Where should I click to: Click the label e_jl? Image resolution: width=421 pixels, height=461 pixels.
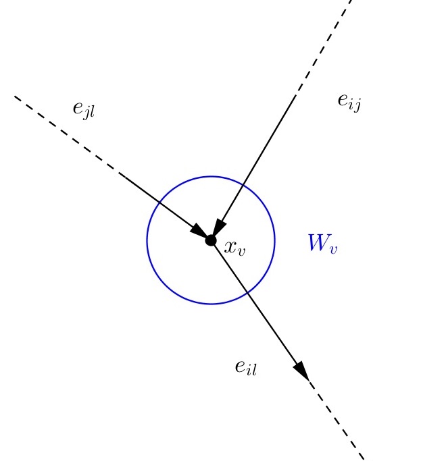(x=84, y=109)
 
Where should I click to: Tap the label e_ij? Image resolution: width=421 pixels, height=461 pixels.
(x=349, y=101)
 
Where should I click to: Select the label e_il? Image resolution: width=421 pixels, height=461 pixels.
(x=246, y=367)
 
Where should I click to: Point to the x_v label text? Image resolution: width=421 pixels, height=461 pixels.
(x=235, y=248)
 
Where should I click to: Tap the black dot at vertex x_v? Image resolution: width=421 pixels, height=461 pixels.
(x=211, y=240)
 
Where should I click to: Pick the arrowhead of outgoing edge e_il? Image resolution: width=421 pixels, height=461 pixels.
(x=301, y=370)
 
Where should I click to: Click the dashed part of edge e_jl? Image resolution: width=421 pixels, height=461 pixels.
(x=68, y=135)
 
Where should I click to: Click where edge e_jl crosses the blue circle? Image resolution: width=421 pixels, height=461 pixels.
(x=159, y=202)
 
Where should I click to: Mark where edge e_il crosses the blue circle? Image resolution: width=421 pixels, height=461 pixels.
(x=249, y=292)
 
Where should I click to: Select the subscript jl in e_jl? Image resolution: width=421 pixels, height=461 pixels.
(x=89, y=113)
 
